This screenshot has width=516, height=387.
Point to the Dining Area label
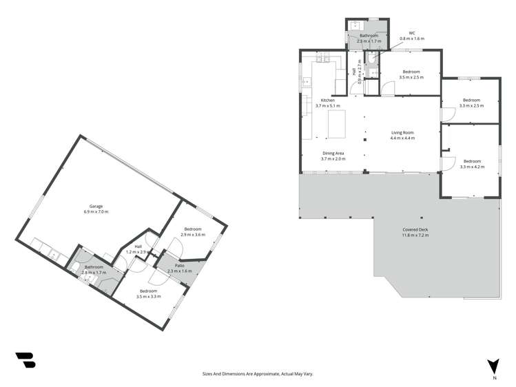coord(333,154)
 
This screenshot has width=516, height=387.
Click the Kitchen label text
coord(327,101)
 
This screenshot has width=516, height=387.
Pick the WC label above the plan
coord(412,32)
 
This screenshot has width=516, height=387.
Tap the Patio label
coord(178,265)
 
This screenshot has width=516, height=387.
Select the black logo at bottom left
coord(25,360)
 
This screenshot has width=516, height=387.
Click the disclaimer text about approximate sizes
coord(258,373)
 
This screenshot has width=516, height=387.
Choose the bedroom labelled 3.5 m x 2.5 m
coord(411,74)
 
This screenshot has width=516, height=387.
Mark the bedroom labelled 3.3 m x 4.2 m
coord(472,163)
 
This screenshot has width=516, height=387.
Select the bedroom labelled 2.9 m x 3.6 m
coord(193,231)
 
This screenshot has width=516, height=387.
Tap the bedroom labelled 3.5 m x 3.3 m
coord(148,293)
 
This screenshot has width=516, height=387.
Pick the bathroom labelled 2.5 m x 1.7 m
coord(369,39)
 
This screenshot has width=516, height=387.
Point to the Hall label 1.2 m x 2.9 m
coord(138,249)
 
